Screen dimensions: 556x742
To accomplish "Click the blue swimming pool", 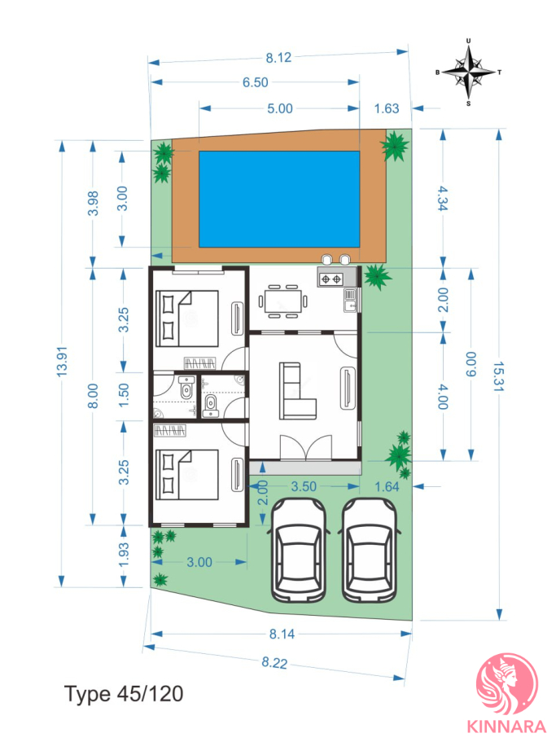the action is click(x=279, y=200).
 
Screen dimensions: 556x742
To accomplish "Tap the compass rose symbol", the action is click(x=469, y=72).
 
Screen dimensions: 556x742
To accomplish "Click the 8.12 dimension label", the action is click(x=278, y=58).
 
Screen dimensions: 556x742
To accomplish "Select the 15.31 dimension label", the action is click(x=498, y=376).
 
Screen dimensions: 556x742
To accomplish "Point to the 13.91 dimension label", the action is click(x=62, y=362).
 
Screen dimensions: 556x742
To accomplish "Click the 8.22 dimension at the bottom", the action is click(x=274, y=662).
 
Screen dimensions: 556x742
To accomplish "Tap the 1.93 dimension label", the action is click(x=124, y=555).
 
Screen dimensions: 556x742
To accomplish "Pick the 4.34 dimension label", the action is click(x=443, y=198).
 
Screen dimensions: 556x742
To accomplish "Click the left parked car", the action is click(x=298, y=550).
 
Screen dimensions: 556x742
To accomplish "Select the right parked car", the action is click(x=370, y=550).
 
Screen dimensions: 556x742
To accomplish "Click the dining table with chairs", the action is click(x=282, y=301).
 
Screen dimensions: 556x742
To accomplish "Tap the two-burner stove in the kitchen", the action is click(x=331, y=279).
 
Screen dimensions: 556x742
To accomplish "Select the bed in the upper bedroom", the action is click(x=187, y=318).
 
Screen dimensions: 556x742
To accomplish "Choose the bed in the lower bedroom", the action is click(x=187, y=475).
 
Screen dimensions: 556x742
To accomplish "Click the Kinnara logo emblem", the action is click(x=507, y=683).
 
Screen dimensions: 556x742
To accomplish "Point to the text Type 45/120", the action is click(x=124, y=694).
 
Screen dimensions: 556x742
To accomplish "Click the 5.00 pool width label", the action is click(x=280, y=108).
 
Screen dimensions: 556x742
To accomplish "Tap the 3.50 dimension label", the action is click(x=304, y=486).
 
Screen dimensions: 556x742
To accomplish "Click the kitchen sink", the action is click(x=350, y=300).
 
